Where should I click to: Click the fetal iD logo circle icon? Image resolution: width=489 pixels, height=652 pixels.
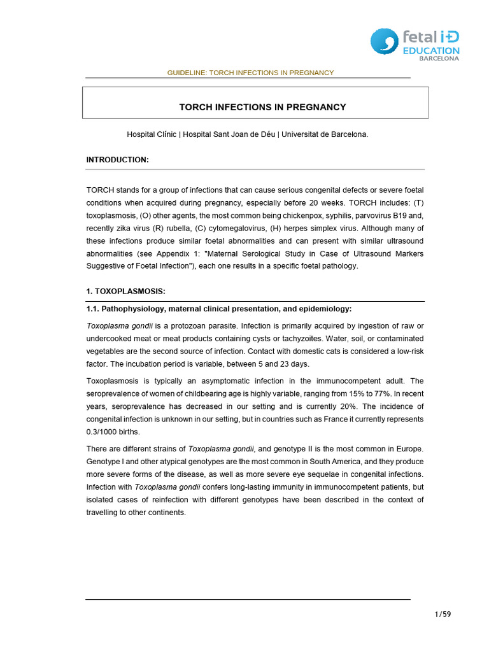coord(385,41)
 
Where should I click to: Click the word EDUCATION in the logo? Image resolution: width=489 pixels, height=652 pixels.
coord(430,50)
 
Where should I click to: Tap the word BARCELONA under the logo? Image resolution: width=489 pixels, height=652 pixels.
coord(439,59)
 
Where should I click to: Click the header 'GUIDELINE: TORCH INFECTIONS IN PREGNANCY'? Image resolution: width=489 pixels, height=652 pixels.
coord(250,73)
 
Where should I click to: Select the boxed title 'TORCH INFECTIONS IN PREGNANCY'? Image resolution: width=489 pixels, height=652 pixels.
coord(261,107)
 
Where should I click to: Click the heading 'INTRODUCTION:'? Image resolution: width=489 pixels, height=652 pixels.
coord(117,159)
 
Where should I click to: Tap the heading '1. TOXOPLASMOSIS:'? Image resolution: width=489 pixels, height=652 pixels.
coord(125,291)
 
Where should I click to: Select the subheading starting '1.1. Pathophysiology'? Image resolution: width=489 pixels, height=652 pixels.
coord(218,309)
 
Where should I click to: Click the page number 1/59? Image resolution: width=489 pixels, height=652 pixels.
coord(442,614)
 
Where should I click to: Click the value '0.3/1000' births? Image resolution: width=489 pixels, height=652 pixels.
coord(102,431)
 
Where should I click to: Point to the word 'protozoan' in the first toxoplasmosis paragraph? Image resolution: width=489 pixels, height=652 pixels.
coord(177,325)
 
